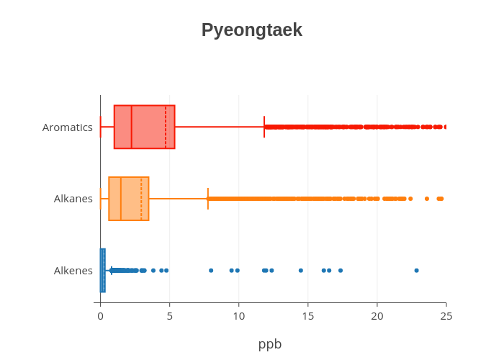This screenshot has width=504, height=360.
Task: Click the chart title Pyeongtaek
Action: click(x=251, y=30)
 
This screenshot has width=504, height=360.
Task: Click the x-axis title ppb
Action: click(x=270, y=344)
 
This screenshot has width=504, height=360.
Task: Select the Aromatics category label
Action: click(x=68, y=127)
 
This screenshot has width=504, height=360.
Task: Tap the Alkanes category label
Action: click(x=73, y=199)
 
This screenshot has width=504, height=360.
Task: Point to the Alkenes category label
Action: click(x=73, y=271)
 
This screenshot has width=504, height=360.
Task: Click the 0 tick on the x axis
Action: click(x=100, y=315)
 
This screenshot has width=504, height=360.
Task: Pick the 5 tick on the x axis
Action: click(x=169, y=315)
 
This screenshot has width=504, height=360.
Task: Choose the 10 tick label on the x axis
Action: click(x=238, y=315)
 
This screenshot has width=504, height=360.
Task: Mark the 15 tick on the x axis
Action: click(x=307, y=315)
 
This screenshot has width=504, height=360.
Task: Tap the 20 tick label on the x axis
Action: click(x=377, y=315)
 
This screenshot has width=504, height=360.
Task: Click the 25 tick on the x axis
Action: click(x=446, y=315)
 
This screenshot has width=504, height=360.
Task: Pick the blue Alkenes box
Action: click(x=102, y=271)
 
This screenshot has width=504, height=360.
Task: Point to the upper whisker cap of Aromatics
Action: click(x=264, y=127)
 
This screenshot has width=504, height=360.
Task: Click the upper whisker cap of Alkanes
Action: click(x=208, y=199)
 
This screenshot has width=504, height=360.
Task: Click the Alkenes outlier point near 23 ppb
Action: click(x=416, y=271)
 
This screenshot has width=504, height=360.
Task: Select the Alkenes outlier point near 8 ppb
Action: click(x=211, y=271)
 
